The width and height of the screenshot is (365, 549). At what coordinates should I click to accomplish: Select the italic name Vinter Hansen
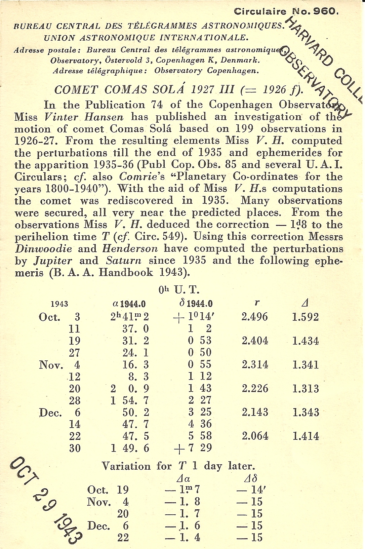(84, 117)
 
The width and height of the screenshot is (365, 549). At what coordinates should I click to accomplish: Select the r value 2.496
(255, 317)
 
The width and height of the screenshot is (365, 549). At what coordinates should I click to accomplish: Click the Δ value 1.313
(305, 389)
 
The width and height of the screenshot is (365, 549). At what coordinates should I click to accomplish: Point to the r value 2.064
(255, 436)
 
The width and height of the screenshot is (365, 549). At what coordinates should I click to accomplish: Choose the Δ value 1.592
(305, 317)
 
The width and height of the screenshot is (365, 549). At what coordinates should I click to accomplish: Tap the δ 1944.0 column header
(196, 304)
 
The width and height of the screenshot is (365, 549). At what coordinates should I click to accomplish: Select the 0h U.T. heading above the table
(179, 290)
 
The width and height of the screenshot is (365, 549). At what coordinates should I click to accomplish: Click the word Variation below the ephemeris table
(126, 466)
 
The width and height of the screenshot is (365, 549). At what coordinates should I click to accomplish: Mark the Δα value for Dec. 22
(183, 538)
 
